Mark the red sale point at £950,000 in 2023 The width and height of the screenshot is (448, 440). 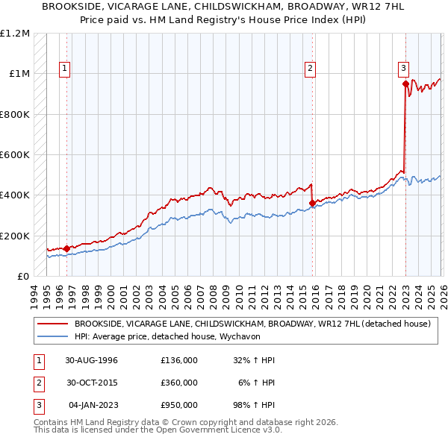[x=405, y=84]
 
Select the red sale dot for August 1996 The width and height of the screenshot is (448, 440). [x=67, y=248]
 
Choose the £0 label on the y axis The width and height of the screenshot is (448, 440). [x=22, y=277]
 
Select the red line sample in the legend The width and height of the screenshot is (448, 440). [x=53, y=324]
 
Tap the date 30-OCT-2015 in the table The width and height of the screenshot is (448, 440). [x=91, y=382]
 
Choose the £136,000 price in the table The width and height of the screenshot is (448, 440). [x=179, y=360]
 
